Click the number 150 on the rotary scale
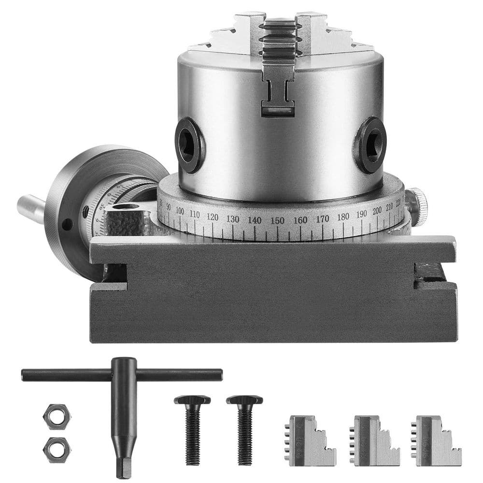click(x=277, y=220)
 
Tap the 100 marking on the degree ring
click(x=180, y=211)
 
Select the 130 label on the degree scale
click(x=233, y=219)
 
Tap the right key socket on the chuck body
click(x=372, y=144)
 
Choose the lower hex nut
click(x=57, y=449)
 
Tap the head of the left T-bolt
click(x=192, y=400)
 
